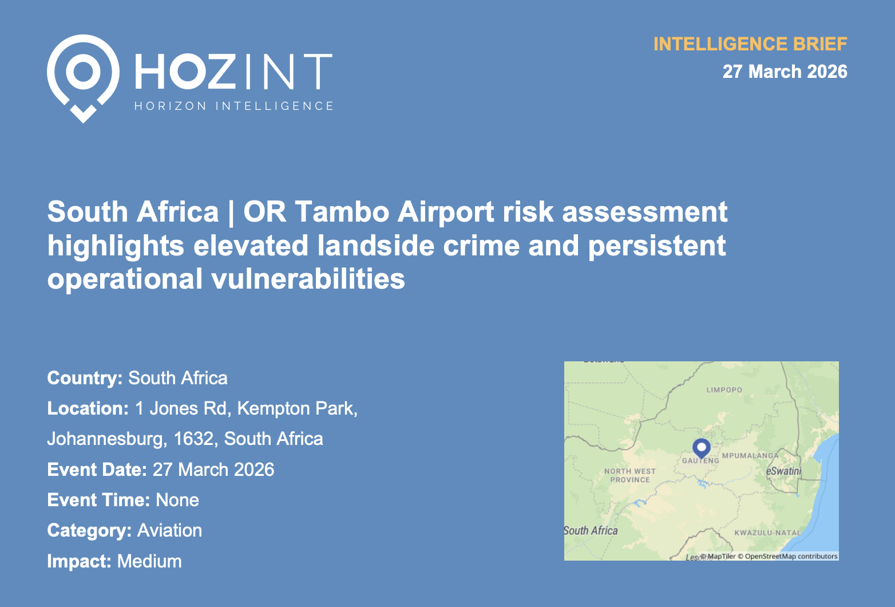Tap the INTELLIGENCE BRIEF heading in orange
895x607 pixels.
750,44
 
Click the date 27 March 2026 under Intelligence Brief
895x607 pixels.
785,72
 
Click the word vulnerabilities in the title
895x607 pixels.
308,278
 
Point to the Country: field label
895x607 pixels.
85,378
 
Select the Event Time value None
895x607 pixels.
177,500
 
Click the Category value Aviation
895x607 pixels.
169,530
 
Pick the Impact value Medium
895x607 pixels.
149,561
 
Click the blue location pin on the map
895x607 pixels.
701,448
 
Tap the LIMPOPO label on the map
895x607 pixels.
724,390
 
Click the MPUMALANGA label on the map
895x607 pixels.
750,455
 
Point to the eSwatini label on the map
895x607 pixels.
783,471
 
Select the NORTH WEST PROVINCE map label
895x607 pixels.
629,475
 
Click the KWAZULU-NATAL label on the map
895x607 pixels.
767,533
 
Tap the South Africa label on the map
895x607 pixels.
591,531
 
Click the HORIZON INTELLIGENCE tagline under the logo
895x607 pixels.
233,106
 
